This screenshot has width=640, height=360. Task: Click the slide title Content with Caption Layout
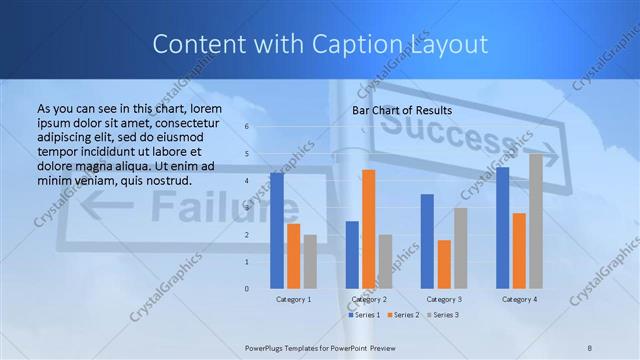click(x=320, y=44)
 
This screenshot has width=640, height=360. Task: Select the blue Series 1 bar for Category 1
click(x=277, y=230)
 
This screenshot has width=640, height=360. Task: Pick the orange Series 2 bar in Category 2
click(x=369, y=229)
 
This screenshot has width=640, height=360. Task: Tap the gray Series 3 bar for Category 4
click(x=536, y=221)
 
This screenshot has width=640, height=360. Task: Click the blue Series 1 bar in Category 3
click(x=427, y=241)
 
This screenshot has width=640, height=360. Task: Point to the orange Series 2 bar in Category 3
click(x=444, y=264)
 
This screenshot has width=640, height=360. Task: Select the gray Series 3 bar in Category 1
click(x=310, y=261)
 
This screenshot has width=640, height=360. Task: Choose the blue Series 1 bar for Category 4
click(x=502, y=227)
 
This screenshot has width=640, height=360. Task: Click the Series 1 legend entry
click(x=364, y=315)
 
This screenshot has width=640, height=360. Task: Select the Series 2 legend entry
click(x=403, y=315)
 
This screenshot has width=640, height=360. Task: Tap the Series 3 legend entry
click(x=442, y=315)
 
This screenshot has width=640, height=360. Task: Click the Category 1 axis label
click(x=294, y=299)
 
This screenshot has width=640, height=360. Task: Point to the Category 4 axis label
click(x=519, y=299)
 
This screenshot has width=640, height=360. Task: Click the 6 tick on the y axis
click(x=248, y=127)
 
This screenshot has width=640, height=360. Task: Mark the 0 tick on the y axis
click(x=248, y=288)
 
